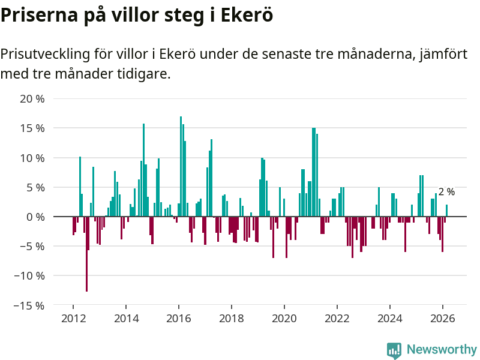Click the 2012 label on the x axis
pyautogui.click(x=73, y=319)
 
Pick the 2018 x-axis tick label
pyautogui.click(x=232, y=319)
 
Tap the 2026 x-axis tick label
pyautogui.click(x=442, y=319)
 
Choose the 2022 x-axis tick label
pyautogui.click(x=337, y=319)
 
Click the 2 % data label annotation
pyautogui.click(x=446, y=192)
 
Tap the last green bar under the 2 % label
pyautogui.click(x=446, y=211)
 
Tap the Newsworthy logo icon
pyautogui.click(x=394, y=350)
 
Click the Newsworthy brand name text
pyautogui.click(x=442, y=349)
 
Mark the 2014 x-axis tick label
pyautogui.click(x=126, y=319)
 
